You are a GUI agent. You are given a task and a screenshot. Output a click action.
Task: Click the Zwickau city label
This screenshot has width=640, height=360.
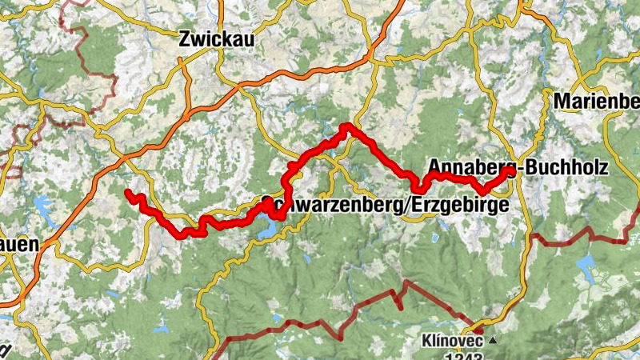[215, 38]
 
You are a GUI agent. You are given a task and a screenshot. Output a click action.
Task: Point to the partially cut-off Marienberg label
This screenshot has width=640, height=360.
[597, 101]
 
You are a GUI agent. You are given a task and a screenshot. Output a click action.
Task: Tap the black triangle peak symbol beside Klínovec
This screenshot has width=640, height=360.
[493, 340]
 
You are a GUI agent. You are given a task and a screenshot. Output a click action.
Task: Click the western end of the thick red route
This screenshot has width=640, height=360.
[128, 192]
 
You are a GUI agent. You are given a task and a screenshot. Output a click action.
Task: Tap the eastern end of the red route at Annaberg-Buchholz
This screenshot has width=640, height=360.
[510, 170]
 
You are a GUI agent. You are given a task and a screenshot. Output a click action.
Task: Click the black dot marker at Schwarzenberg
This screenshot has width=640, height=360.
[266, 200]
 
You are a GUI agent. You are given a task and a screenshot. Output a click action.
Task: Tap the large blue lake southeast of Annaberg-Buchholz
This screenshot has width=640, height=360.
[590, 264]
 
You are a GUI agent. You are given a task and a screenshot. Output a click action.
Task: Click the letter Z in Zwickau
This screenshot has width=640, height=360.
[186, 38]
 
